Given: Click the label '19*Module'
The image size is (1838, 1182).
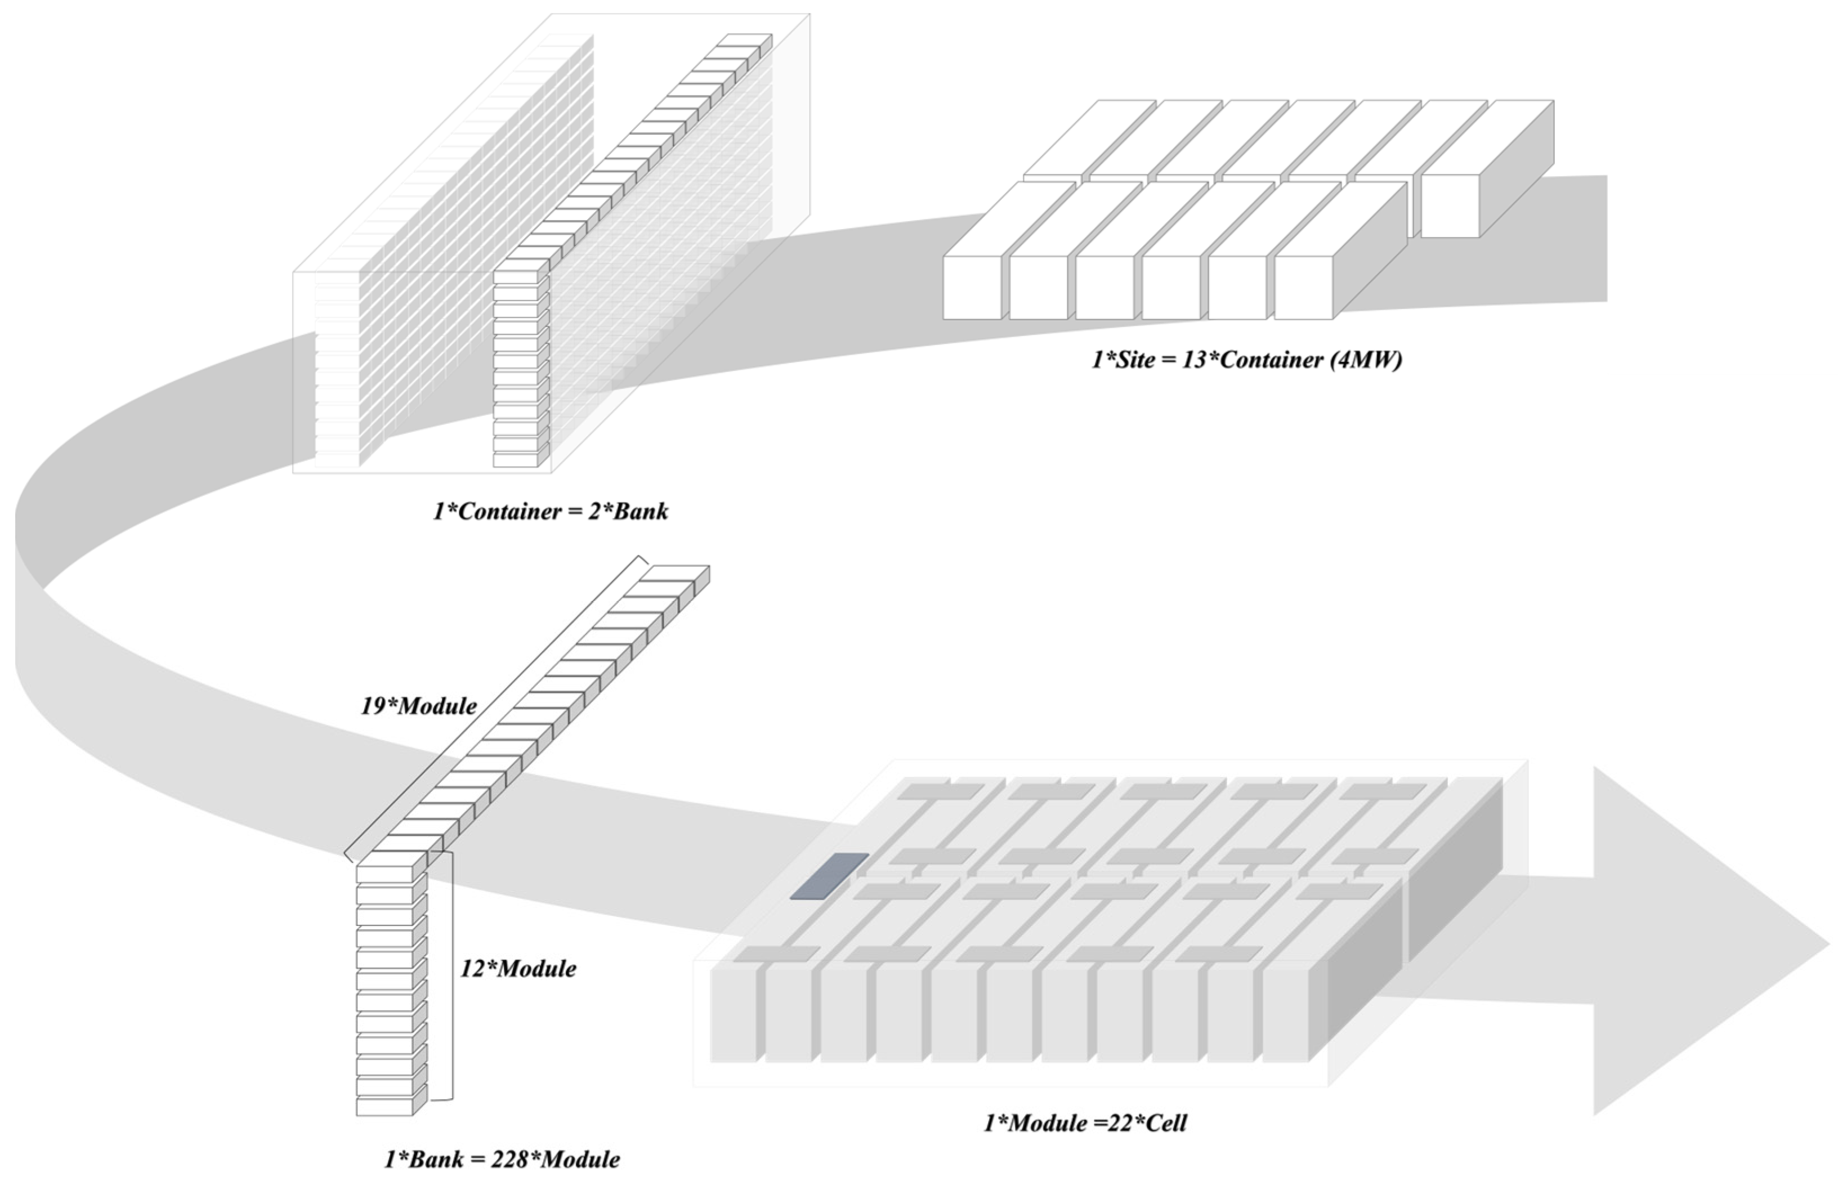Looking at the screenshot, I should pyautogui.click(x=418, y=706).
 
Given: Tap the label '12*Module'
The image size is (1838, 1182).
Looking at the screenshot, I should pyautogui.click(x=518, y=969).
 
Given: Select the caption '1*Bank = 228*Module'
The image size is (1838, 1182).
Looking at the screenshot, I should pyautogui.click(x=502, y=1159).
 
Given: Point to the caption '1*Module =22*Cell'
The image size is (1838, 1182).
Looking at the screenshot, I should pyautogui.click(x=1084, y=1123).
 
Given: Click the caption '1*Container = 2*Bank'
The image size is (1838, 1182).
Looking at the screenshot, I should pyautogui.click(x=550, y=511).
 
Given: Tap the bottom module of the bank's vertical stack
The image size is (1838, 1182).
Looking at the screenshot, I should pyautogui.click(x=384, y=1107).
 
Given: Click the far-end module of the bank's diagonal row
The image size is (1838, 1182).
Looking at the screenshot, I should pyautogui.click(x=676, y=574).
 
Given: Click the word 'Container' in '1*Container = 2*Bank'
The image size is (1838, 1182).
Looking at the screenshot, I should pyautogui.click(x=503, y=511).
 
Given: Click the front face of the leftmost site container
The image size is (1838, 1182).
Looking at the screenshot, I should pyautogui.click(x=972, y=287).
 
